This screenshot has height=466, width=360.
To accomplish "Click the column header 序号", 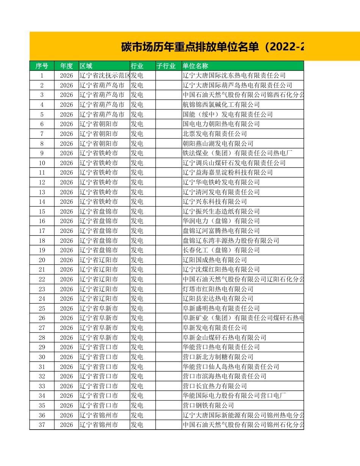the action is pos(42,66).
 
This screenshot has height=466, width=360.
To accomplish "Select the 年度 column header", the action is pos(66,66).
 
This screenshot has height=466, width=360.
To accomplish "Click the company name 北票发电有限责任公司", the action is pos(215,134).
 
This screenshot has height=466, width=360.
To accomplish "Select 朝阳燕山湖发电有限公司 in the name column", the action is pos(218,144).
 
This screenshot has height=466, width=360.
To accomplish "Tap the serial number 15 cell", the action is pos(42,211).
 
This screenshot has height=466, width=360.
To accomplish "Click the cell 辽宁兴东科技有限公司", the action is pos(215,202).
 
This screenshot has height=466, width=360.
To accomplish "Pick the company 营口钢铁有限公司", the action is pos(208,405).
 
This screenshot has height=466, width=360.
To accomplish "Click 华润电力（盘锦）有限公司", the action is pos(221,221).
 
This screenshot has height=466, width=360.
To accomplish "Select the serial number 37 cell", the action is pos(42,425).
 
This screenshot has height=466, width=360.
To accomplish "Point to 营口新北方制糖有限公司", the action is pos(218,357).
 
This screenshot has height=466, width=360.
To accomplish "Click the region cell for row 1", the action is pos(105,75).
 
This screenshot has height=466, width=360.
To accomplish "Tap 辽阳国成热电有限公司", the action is pos(215,260).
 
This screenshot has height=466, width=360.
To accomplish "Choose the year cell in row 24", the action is pos(66,299).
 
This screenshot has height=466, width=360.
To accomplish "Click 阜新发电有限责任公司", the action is pos(215,328).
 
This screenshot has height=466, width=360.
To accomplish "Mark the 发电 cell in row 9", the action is pos(137,153).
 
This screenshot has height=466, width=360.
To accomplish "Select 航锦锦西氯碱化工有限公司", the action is pos(221,105).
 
